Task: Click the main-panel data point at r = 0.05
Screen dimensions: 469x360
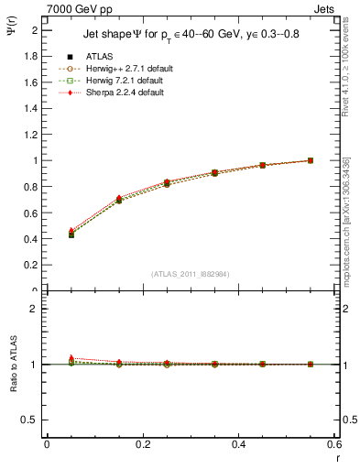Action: [x=71, y=234]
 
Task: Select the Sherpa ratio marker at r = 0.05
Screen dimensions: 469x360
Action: [x=71, y=358]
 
